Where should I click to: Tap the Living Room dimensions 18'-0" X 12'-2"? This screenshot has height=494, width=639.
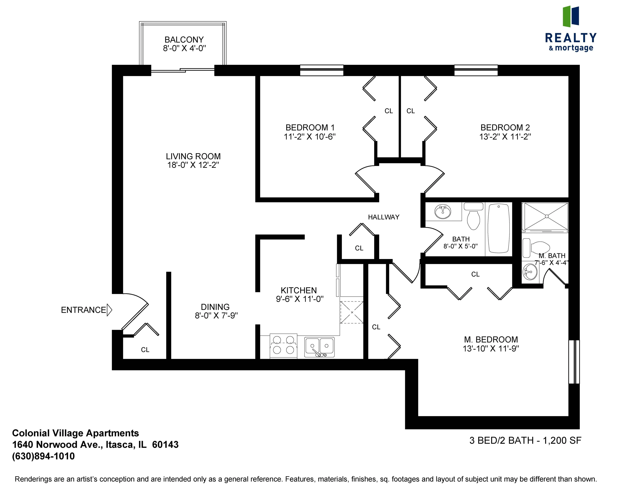(193, 165)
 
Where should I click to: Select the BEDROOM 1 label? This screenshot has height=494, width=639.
(310, 128)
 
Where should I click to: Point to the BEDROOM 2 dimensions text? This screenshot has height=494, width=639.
(505, 137)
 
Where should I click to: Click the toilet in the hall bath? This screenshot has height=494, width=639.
(473, 218)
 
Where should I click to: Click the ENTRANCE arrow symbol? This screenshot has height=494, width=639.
(109, 310)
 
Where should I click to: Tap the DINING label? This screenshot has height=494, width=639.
(215, 307)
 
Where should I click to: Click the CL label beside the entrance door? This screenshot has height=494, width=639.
(145, 350)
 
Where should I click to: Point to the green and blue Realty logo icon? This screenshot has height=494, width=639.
(571, 16)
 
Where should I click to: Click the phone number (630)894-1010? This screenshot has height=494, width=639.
(43, 456)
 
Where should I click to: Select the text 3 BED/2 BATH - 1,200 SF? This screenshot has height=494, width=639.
(525, 440)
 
